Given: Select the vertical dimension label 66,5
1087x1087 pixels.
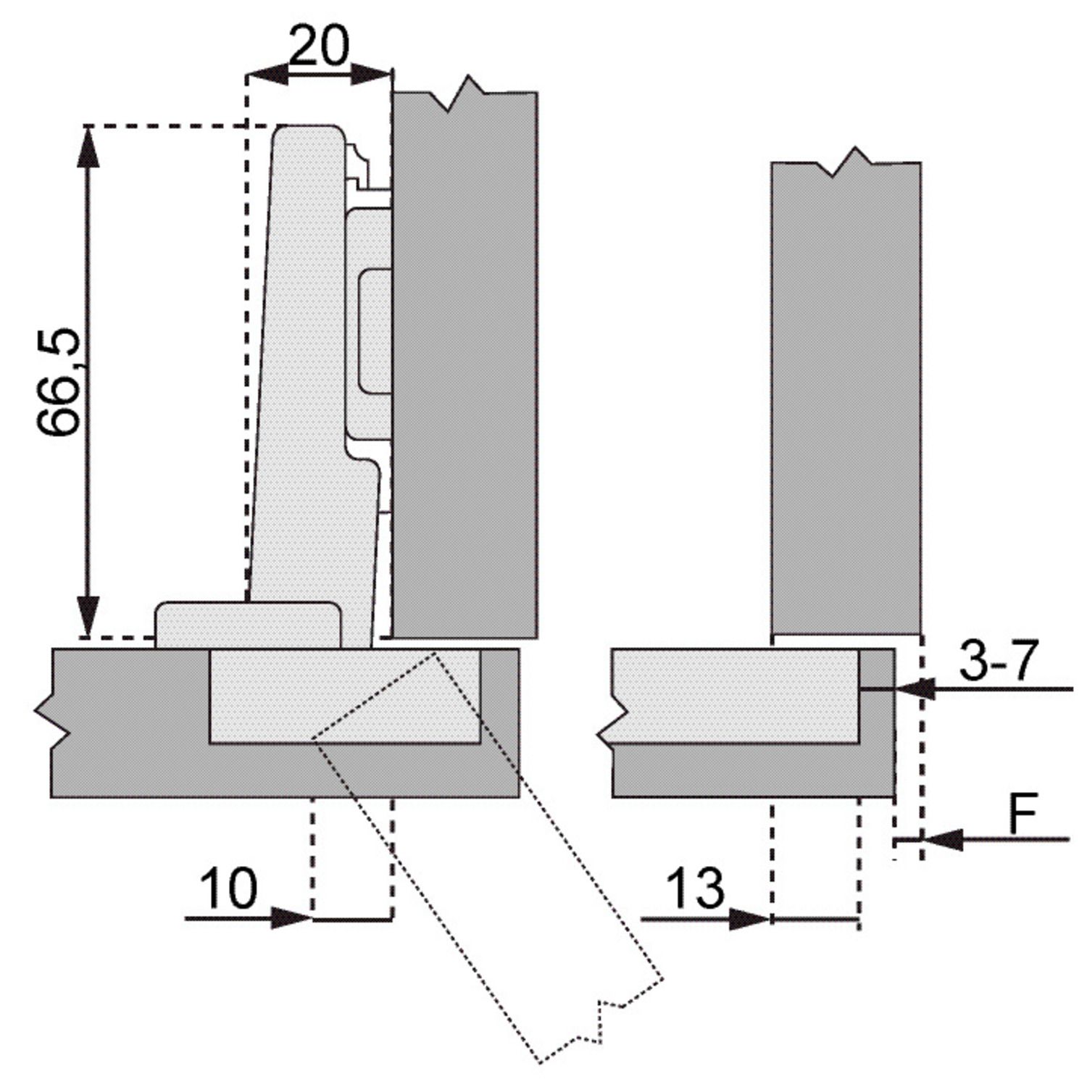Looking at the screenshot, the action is pos(59,382).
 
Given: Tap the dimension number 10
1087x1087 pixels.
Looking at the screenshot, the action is pos(228,888).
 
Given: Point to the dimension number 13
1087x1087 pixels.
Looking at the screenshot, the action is pos(694,888).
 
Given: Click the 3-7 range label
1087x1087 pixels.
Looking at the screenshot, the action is pos(999,660).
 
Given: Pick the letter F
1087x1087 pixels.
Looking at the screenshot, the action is pos(1023,815).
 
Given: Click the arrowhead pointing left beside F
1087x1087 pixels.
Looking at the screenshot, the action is pos(944,840).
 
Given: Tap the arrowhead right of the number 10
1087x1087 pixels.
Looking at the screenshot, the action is pos(291,918).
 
